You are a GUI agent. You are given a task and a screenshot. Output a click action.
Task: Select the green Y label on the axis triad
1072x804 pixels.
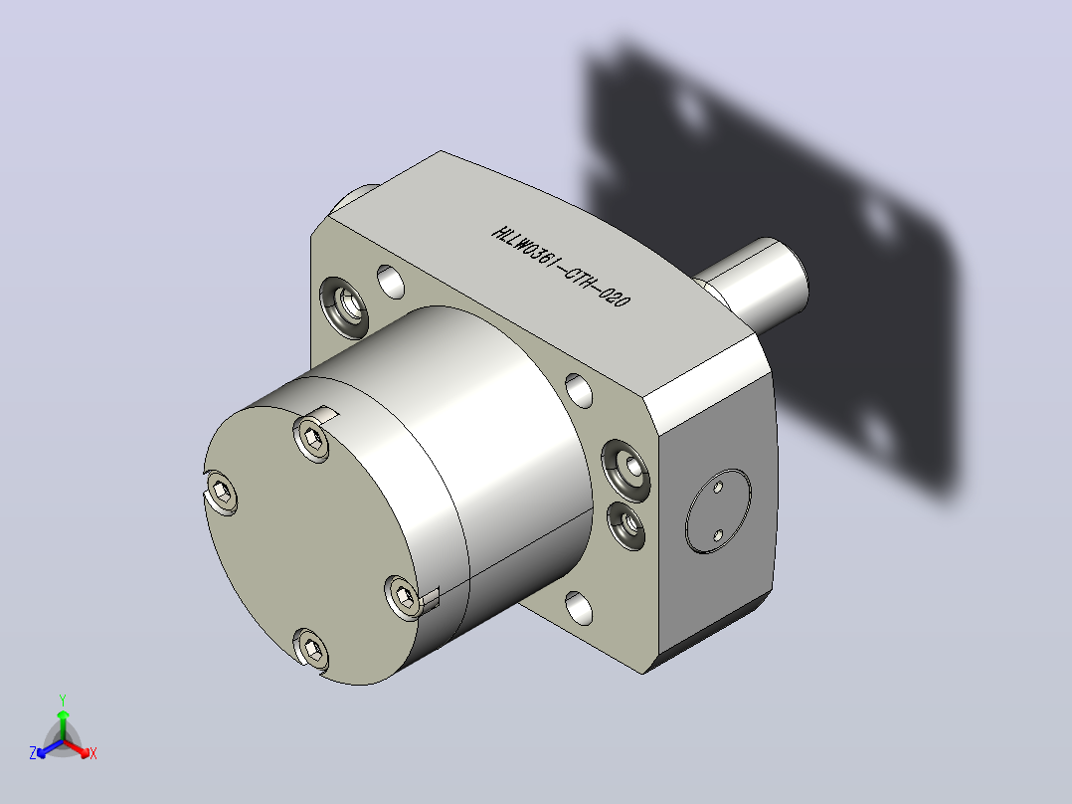63,700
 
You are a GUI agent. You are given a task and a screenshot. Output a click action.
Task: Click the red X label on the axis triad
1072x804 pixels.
93,753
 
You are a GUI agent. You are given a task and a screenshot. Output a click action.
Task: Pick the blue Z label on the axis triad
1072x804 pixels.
33,752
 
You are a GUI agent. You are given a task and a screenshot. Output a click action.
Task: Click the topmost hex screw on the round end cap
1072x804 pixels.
311,438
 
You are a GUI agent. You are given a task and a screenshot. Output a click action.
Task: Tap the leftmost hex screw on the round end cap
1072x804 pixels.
221,491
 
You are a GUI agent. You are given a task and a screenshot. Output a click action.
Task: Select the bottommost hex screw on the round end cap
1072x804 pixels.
311,648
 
